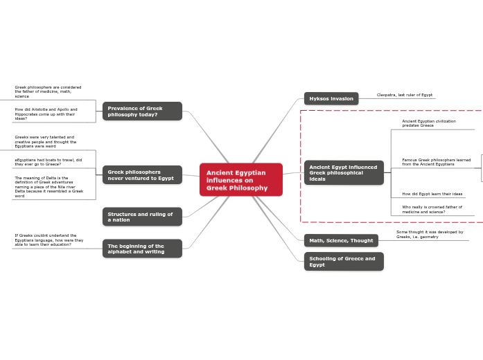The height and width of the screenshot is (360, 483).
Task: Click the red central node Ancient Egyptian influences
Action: (240, 179)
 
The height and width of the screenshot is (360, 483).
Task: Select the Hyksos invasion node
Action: (331, 98)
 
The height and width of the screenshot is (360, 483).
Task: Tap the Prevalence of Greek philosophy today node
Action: (142, 111)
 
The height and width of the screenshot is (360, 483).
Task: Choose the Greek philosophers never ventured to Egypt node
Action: (142, 174)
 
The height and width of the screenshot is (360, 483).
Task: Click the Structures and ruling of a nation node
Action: (142, 217)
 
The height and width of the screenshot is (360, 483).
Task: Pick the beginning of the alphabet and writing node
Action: (142, 249)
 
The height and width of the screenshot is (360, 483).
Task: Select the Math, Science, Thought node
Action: (341, 240)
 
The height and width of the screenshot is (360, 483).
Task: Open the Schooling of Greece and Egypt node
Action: (343, 261)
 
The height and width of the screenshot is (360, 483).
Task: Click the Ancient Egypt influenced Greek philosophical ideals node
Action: (344, 172)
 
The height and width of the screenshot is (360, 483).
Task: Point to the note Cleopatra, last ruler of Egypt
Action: (404, 95)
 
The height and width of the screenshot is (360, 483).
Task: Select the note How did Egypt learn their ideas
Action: (432, 194)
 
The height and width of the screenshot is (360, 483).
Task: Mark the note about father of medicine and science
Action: (432, 209)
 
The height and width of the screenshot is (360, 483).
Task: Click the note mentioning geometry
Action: (430, 234)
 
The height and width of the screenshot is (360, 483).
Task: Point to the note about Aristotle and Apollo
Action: (46, 114)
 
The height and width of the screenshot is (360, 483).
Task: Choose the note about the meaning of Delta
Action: (49, 187)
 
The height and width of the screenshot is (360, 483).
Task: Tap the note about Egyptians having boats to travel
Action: (49, 162)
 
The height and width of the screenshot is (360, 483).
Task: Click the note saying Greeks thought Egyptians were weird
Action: (45, 141)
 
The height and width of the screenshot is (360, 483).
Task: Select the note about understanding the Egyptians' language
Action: (49, 240)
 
